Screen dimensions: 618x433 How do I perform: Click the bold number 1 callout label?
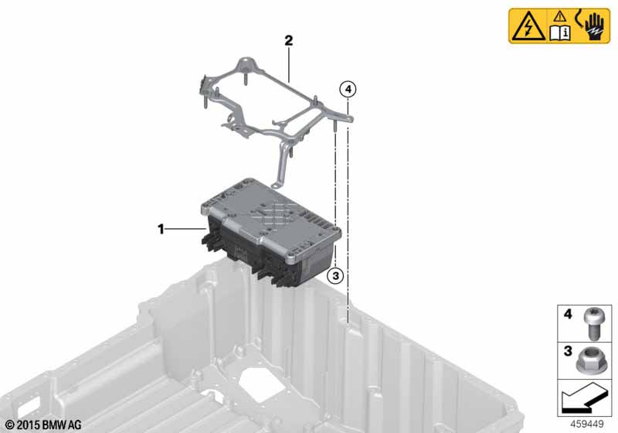[161, 229]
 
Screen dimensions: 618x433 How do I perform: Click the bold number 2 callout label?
[289, 40]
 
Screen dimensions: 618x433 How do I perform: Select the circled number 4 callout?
[348, 90]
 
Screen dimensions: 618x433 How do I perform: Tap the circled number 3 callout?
[335, 276]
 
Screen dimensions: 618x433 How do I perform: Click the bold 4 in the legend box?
[568, 314]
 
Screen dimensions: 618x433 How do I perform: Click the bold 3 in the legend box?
[568, 350]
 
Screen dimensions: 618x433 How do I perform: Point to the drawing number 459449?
[587, 424]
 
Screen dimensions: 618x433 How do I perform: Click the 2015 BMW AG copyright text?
[43, 425]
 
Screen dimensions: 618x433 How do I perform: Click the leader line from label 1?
[185, 229]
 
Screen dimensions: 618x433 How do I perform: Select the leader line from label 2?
[289, 65]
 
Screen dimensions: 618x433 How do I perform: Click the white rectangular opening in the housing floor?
[256, 381]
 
